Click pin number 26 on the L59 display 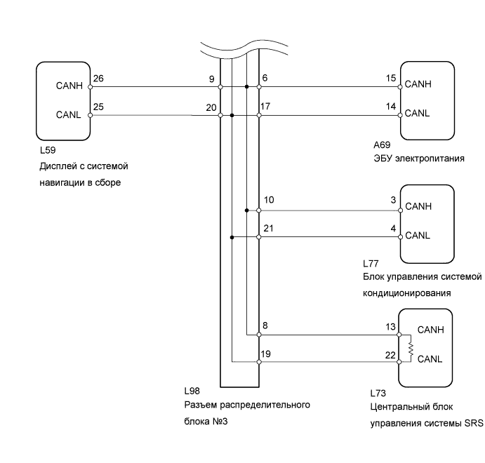98,79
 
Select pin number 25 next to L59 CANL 98,107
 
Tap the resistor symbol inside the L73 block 411,349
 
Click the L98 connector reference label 192,391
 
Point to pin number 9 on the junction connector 211,79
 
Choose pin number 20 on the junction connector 211,107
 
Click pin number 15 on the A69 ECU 391,78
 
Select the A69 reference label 382,145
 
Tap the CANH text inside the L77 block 418,206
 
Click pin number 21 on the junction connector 269,229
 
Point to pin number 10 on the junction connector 269,200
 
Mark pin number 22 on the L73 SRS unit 390,355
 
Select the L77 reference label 371,264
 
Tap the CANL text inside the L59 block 68,114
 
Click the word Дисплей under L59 58,166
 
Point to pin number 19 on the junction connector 266,354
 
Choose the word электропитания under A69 430,159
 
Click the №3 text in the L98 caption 220,422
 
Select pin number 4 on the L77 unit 393,229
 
